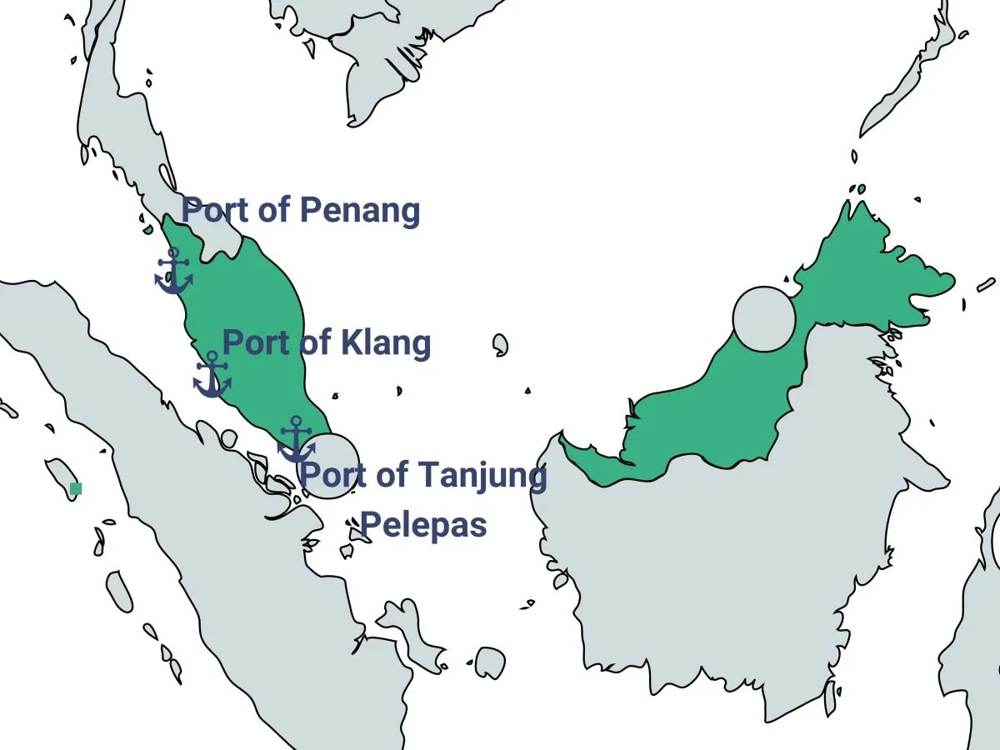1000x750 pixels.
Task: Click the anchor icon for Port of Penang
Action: [x=173, y=271]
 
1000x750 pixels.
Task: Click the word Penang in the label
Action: [x=359, y=211]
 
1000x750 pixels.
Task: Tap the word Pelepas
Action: [x=423, y=526]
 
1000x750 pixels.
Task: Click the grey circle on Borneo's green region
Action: [x=764, y=318]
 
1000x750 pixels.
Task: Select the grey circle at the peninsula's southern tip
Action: [x=328, y=467]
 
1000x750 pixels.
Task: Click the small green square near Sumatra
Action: [x=76, y=488]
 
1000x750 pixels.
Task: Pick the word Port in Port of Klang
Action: [x=254, y=342]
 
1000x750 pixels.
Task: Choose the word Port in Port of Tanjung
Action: [x=332, y=476]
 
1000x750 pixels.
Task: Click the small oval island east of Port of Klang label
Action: [x=500, y=344]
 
